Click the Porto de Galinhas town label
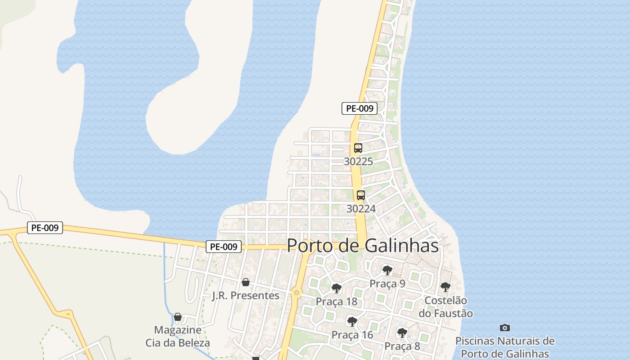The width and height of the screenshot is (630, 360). coord(363,246)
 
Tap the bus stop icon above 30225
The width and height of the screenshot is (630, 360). coord(358,148)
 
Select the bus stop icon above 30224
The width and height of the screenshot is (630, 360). coord(361,195)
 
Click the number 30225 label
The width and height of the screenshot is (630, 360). coord(358,162)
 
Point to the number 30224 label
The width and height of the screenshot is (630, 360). coord(361,209)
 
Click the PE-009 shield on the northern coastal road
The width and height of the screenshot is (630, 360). coord(359,108)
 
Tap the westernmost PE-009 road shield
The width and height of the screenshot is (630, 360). coord(45,228)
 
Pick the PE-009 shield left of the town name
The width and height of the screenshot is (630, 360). coord(224,247)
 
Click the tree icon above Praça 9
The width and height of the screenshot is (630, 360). coord(387,270)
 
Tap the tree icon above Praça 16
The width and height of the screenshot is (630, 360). coord(352,321)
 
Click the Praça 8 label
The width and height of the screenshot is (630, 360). coord(402,346)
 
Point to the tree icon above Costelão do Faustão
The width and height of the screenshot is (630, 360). coord(445,287)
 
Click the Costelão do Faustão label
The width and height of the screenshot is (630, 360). coord(445,307)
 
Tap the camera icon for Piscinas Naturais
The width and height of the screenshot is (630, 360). coord(505,328)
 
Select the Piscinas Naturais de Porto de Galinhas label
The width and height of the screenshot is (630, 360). coord(505,347)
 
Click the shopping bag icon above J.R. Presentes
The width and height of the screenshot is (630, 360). coord(246,282)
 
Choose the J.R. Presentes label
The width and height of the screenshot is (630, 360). coord(246,296)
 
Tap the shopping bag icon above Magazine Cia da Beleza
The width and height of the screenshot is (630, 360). coord(178,317)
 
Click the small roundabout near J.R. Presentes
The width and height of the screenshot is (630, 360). coord(296,293)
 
